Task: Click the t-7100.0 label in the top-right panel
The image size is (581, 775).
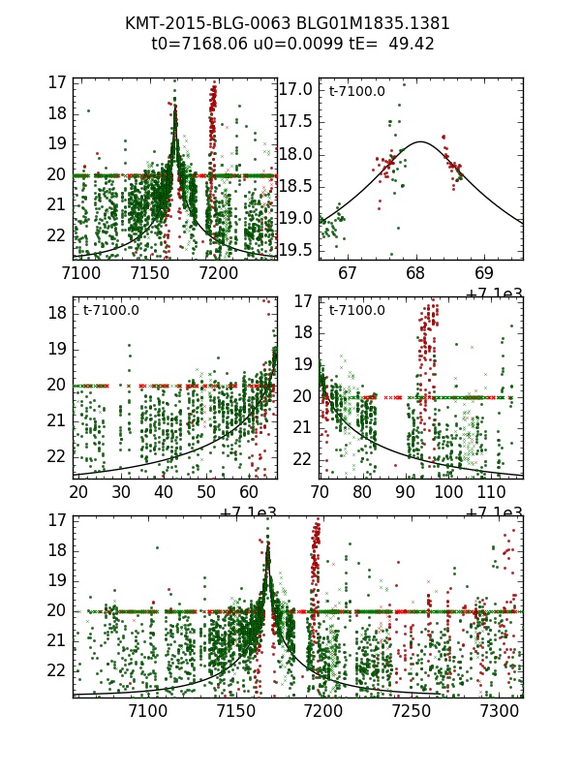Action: click(x=357, y=92)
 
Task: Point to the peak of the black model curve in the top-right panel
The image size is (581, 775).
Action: click(x=420, y=141)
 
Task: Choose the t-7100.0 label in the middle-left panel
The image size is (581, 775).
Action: click(x=111, y=311)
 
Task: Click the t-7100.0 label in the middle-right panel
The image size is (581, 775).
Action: click(x=357, y=311)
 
